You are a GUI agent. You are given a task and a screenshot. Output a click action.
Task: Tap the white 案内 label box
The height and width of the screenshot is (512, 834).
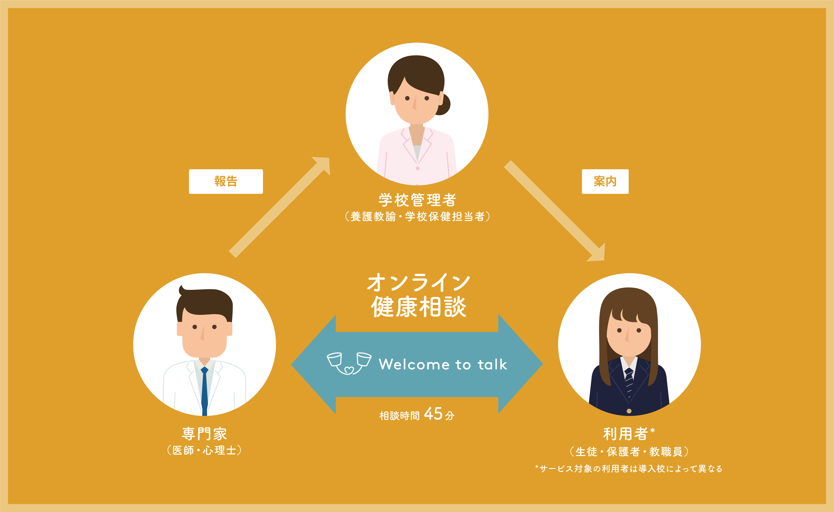tap(605, 181)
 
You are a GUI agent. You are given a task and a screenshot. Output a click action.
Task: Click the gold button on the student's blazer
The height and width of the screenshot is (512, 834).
tap(629, 411)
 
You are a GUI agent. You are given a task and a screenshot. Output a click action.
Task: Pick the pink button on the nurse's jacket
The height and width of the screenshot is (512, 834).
tap(417, 168)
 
